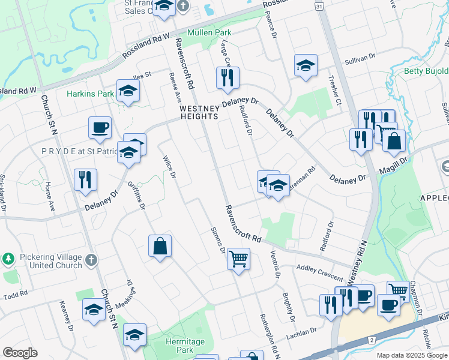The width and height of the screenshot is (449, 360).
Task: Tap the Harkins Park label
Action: click(90, 94)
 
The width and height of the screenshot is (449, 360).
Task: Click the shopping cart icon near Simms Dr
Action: click(239, 259)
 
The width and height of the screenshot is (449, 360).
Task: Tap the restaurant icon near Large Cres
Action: click(228, 78)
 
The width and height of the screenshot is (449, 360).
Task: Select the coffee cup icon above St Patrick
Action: click(100, 127)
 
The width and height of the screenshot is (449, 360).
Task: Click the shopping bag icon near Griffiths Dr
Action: click(160, 246)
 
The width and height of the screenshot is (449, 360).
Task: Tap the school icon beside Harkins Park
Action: click(128, 91)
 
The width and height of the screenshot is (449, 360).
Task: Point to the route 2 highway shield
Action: click(372, 340)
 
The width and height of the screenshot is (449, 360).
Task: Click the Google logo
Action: click(20, 353)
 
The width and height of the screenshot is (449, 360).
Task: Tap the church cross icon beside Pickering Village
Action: click(90, 260)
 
